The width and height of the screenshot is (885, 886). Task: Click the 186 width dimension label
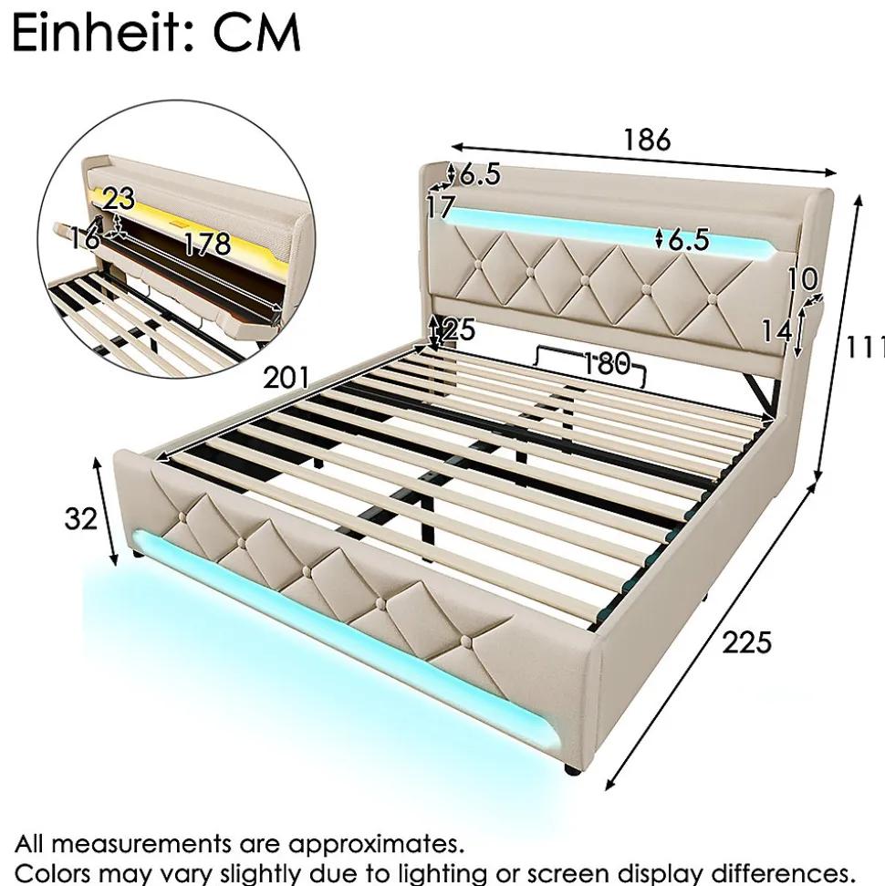(647, 140)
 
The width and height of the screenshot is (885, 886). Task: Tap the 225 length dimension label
(746, 642)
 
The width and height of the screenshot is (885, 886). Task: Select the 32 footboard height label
(81, 518)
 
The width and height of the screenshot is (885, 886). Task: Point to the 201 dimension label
(286, 378)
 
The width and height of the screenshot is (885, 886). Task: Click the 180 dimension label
(606, 363)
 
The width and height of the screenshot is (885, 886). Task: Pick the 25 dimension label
(459, 328)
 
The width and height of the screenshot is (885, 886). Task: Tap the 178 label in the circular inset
(208, 244)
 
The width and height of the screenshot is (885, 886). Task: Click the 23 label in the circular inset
(119, 199)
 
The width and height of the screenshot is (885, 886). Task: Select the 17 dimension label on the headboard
(441, 207)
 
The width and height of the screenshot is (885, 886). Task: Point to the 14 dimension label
(776, 331)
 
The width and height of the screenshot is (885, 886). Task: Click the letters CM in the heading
(256, 35)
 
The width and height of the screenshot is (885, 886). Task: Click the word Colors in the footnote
(52, 872)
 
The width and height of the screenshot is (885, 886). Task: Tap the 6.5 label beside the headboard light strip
(688, 240)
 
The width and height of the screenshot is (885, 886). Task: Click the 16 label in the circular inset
(85, 238)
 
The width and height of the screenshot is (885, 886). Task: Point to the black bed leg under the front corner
(571, 769)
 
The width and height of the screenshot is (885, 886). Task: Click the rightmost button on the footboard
(466, 641)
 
